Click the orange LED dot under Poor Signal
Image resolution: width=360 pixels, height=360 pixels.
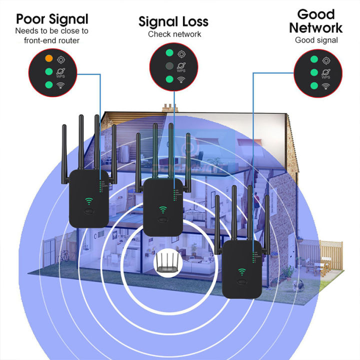[x=49, y=59]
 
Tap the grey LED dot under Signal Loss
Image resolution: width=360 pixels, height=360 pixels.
[x=170, y=65]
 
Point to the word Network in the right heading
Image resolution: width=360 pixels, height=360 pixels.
[x=315, y=27]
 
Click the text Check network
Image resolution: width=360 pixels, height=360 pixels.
[x=174, y=34]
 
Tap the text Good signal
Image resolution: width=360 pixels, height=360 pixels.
[x=316, y=40]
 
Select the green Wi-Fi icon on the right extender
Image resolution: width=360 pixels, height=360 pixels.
[x=242, y=272]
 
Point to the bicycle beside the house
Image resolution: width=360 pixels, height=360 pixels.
[x=63, y=257]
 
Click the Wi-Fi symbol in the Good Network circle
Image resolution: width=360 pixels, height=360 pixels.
[x=326, y=86]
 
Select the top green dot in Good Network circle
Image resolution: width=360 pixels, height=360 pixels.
[x=314, y=60]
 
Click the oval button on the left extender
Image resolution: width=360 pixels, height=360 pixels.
[x=90, y=211]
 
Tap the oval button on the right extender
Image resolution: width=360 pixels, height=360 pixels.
[x=242, y=282]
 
